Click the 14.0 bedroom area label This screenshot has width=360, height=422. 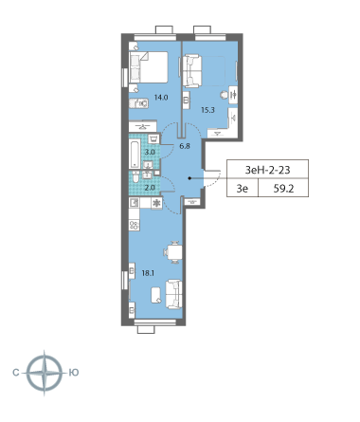161,98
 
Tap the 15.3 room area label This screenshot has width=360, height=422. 207,110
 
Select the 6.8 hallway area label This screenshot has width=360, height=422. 185,146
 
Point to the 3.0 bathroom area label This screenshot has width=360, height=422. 150,152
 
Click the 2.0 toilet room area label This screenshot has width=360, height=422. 150,188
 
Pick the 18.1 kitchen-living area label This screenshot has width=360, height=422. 148,273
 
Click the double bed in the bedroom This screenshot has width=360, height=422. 149,67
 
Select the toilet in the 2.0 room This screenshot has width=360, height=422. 135,177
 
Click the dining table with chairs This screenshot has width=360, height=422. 173,252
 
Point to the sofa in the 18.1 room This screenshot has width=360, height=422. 173,294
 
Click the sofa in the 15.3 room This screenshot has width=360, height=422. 191,71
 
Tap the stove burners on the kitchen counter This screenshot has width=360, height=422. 135,226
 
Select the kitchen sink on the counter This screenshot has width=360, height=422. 135,202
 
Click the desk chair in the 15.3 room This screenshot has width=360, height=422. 224,95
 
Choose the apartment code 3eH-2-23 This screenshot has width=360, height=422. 267,170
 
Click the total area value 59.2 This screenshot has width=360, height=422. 283,189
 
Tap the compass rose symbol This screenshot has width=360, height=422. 45,373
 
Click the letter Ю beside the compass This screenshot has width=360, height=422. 74,373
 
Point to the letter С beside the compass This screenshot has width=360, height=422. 16,373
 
